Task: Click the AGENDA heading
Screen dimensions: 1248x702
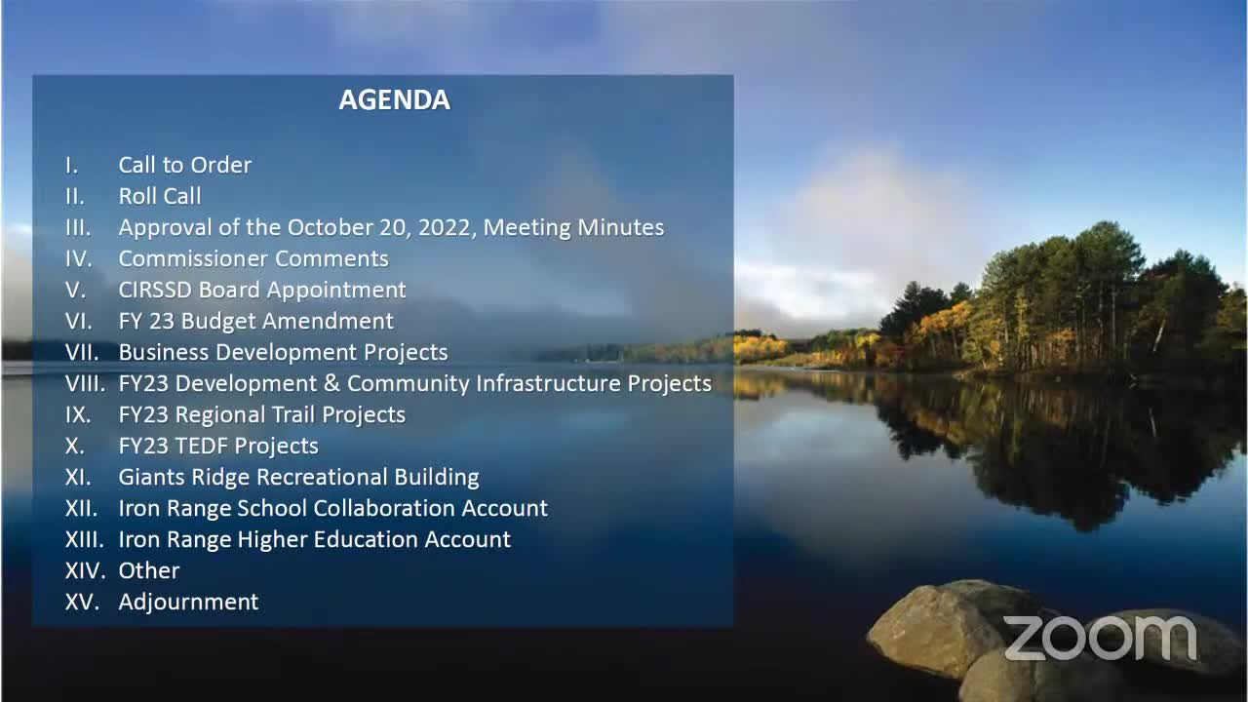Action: [395, 100]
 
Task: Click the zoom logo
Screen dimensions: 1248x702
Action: [1101, 638]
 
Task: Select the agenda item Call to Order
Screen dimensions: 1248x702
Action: [185, 165]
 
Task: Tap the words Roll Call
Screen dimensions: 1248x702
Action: [160, 196]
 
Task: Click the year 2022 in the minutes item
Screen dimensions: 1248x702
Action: [447, 228]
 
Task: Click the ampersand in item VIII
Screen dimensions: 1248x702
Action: [331, 383]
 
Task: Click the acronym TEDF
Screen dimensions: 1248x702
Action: [201, 446]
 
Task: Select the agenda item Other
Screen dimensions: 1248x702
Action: [149, 570]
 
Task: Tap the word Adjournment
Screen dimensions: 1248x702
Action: [188, 603]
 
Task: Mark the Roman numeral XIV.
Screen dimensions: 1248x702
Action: [85, 570]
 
